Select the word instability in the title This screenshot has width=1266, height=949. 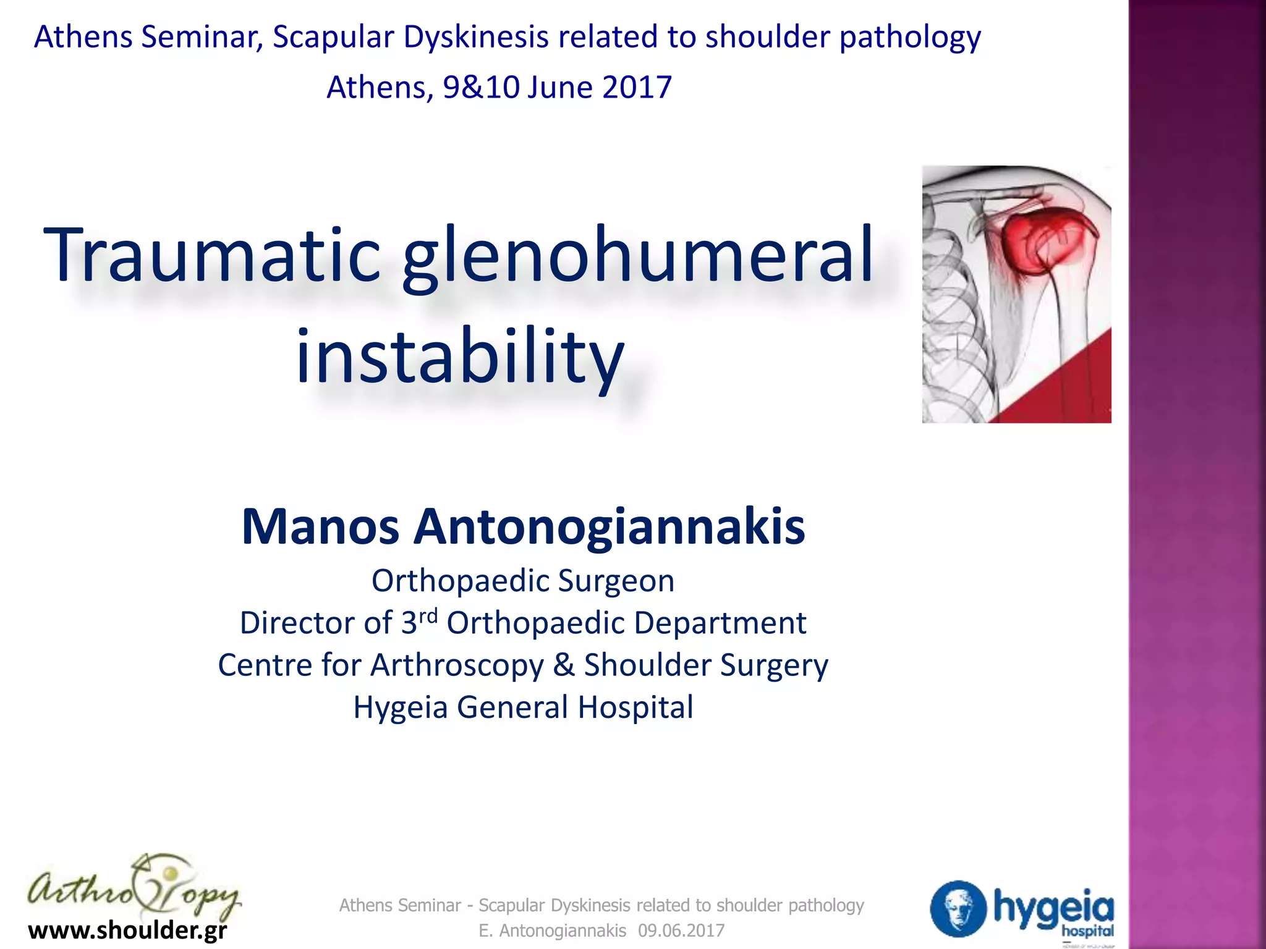tap(460, 357)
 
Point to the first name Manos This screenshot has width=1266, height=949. tap(320, 526)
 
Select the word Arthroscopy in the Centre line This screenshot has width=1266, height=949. tap(457, 665)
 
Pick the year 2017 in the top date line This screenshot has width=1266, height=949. tap(637, 87)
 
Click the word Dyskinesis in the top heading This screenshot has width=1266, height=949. tap(476, 37)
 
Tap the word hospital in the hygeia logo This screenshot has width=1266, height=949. tap(1087, 930)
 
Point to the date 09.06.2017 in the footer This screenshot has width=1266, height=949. tap(681, 930)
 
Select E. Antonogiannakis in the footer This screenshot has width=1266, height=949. tap(553, 930)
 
